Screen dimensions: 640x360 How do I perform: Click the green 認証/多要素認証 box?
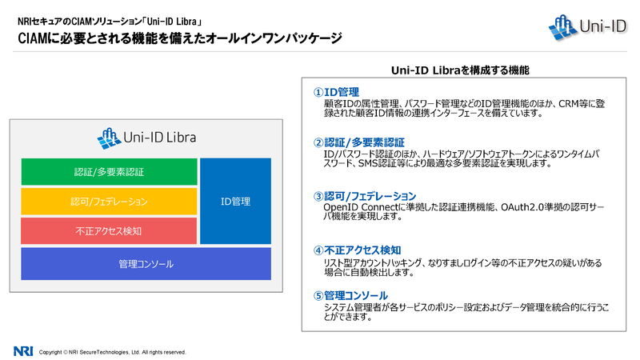tap(109, 172)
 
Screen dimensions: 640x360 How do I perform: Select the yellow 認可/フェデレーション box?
tap(109, 202)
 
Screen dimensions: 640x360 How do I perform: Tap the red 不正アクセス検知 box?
tap(109, 231)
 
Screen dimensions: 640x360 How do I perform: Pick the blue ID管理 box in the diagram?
tap(235, 202)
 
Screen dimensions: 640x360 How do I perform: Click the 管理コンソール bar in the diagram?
tap(146, 264)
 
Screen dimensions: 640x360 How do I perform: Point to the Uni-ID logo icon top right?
tap(562, 27)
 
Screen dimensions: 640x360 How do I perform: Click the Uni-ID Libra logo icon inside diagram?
tap(109, 138)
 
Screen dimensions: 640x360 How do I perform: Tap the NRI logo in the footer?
tap(23, 351)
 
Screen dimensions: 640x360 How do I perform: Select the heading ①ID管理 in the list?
tap(336, 92)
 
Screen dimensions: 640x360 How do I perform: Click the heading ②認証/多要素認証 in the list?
tap(359, 142)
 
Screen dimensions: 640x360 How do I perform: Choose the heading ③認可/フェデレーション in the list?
tap(365, 196)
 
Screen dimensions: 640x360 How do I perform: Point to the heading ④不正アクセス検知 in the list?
tap(358, 250)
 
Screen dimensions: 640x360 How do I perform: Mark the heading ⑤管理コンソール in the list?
tap(350, 295)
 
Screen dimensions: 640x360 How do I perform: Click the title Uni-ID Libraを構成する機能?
tap(460, 70)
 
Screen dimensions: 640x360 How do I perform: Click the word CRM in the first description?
tap(569, 104)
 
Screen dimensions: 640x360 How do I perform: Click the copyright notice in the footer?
tap(112, 352)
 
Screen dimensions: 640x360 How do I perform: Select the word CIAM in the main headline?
tap(31, 38)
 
